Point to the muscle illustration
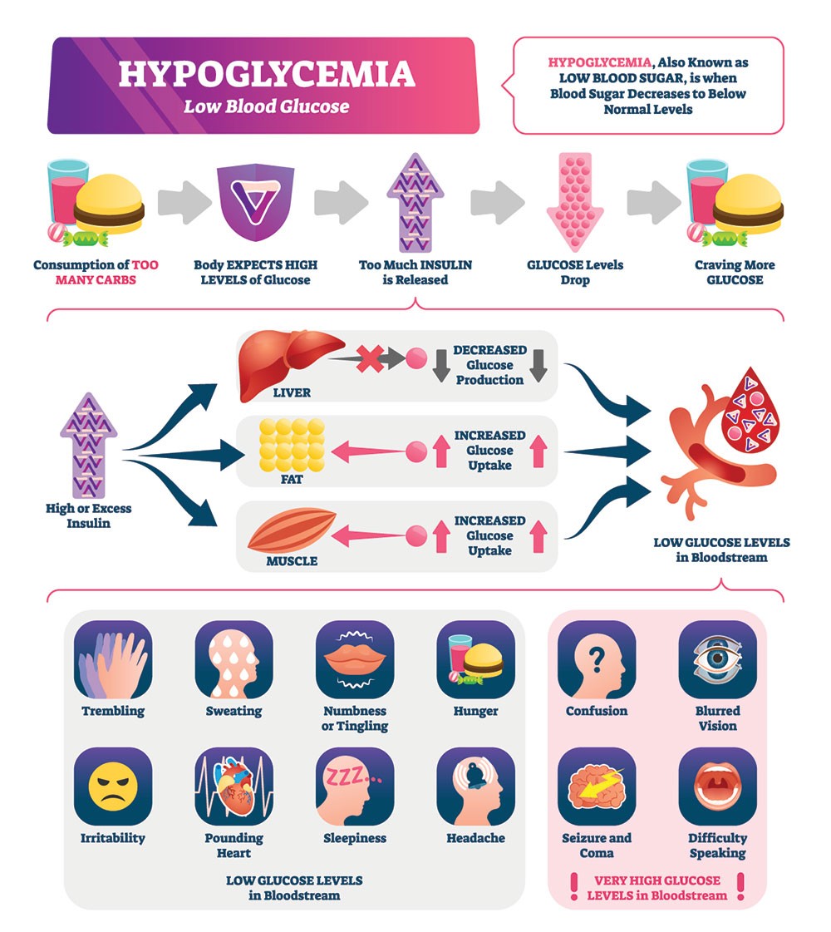click(x=291, y=533)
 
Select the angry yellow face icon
click(x=113, y=787)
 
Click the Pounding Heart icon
click(x=234, y=787)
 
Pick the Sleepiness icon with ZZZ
click(x=355, y=787)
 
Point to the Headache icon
click(x=476, y=787)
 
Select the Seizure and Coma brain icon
click(x=597, y=787)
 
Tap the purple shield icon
click(x=255, y=204)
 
